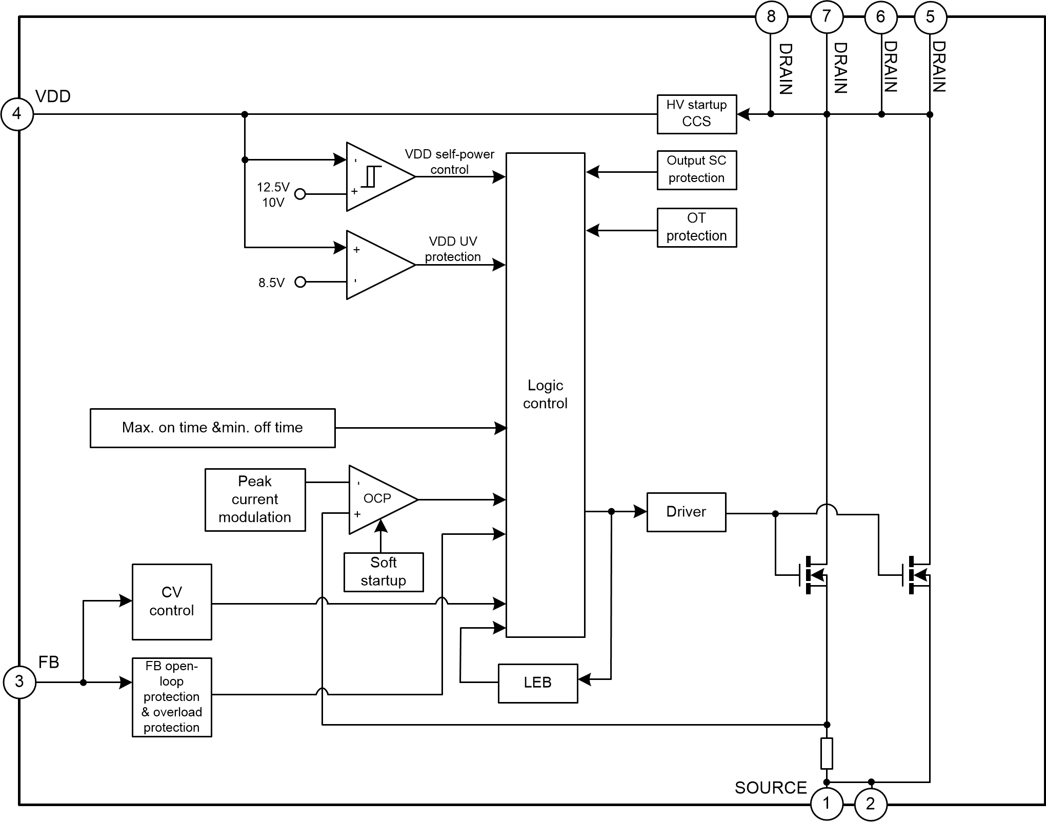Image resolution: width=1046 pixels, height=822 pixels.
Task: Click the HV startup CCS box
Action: (696, 114)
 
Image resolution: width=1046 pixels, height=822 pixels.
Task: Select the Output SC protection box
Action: (696, 170)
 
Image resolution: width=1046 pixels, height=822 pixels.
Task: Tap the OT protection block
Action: (696, 227)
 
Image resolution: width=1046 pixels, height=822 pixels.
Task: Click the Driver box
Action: (686, 512)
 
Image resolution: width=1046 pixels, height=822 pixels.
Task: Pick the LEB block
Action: (537, 683)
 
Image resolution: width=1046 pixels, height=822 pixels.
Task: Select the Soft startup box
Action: (383, 572)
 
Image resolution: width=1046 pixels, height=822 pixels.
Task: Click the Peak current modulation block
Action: (255, 499)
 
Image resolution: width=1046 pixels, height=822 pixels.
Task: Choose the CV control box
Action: (172, 602)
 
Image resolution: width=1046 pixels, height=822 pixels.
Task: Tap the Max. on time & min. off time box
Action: (212, 428)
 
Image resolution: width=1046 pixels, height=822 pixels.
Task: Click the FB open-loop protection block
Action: (172, 697)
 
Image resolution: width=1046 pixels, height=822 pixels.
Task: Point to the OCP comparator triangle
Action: (379, 499)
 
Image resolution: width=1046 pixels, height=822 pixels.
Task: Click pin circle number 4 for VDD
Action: (17, 114)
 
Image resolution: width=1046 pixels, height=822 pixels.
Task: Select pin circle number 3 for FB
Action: (19, 681)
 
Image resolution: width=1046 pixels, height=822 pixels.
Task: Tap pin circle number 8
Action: (771, 17)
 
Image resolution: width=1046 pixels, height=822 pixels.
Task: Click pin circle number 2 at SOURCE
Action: (870, 804)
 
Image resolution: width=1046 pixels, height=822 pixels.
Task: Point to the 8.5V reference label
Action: (271, 283)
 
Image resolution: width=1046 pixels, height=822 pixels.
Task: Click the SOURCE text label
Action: (770, 788)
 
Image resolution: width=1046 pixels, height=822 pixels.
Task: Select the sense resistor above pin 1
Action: (827, 753)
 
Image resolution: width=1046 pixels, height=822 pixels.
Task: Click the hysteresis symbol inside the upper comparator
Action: (371, 176)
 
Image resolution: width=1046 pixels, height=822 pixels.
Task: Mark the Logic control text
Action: (545, 394)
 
